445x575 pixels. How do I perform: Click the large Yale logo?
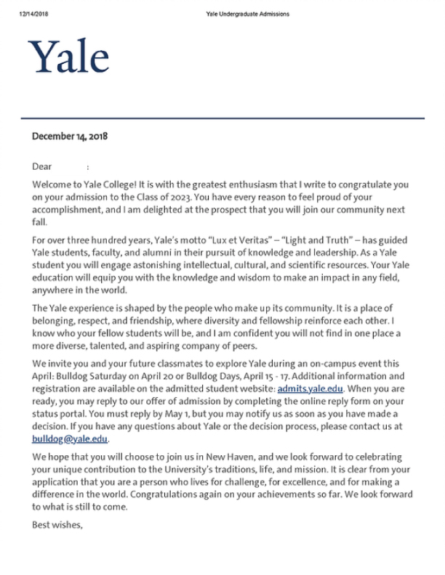click(x=68, y=57)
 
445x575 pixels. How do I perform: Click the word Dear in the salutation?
click(x=42, y=166)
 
